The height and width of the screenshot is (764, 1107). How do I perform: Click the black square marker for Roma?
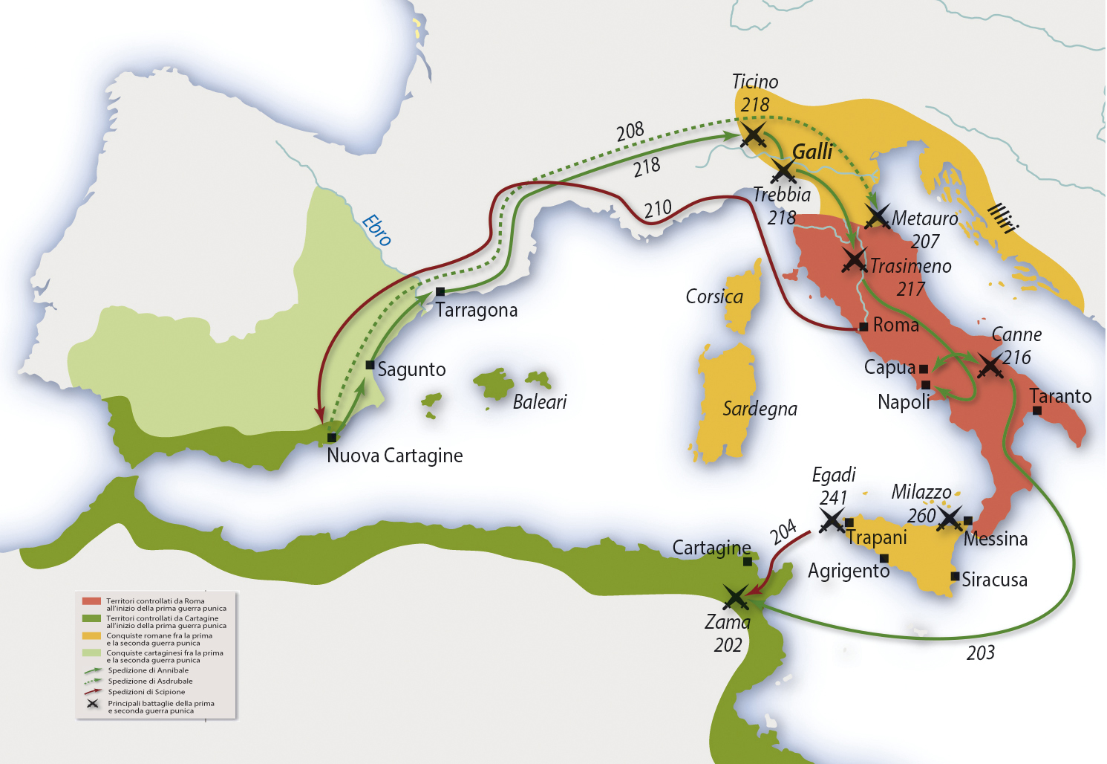coord(863,327)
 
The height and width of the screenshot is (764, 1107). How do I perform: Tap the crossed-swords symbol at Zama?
coord(736,597)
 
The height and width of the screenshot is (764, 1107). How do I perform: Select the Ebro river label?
coord(376,230)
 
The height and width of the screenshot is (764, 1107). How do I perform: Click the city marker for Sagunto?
coord(370,365)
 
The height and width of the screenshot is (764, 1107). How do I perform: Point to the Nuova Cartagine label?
coord(394,456)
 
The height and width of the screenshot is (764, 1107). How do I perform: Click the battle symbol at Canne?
coord(990,365)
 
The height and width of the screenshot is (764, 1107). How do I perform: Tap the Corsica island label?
coord(713,297)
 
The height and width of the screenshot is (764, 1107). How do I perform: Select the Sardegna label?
coord(760,409)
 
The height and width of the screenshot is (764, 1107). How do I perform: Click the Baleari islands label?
coord(540,402)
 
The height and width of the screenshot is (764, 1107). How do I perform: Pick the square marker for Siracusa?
coord(956,576)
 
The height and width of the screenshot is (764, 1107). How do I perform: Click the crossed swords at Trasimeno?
coord(855,260)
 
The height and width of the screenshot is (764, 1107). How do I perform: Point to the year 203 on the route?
coord(980,653)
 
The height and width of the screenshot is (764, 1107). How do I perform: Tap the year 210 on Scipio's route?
coord(658,209)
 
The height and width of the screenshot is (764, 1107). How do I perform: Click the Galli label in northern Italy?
coord(812,152)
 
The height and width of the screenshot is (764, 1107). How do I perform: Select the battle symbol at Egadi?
coord(832,520)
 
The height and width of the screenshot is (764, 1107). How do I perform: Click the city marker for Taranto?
coord(1037,411)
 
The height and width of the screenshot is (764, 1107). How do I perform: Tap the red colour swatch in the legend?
coord(91,601)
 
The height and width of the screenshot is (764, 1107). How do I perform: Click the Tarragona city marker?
coord(440,291)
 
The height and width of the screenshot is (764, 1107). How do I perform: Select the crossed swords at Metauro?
coord(878,217)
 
